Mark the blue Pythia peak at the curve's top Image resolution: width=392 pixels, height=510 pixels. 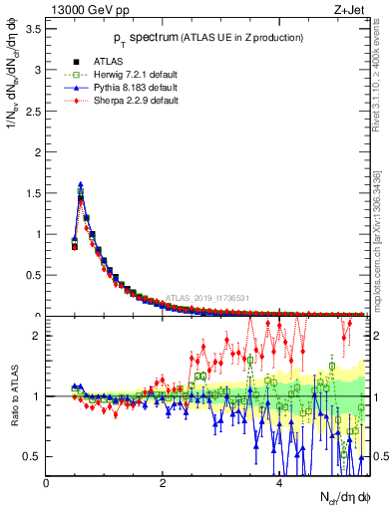pyautogui.click(x=81, y=184)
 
